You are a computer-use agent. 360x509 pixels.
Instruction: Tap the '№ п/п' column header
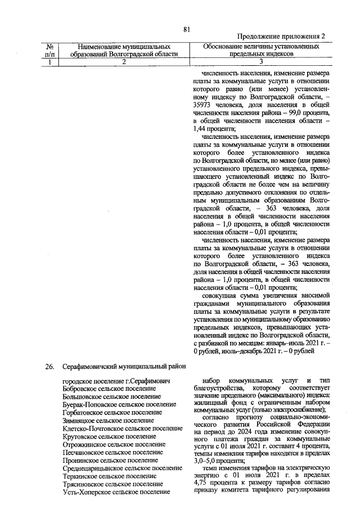click(51, 50)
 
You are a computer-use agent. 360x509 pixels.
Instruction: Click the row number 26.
click(51, 367)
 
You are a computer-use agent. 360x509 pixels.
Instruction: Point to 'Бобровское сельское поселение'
click(109, 389)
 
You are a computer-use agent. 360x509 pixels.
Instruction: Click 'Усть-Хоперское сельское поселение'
click(116, 492)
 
